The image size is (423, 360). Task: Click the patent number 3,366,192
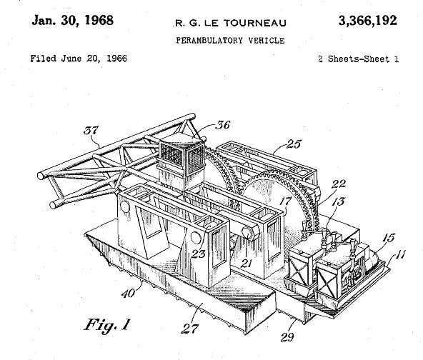(x=368, y=21)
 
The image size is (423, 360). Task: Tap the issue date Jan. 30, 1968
(x=73, y=21)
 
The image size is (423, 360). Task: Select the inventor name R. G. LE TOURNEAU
(x=231, y=23)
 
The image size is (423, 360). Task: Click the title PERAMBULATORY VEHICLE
(x=230, y=41)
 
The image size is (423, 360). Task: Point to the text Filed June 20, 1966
(x=79, y=59)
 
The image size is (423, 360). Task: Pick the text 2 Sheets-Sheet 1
(x=358, y=59)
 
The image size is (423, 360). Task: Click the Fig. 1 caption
(x=107, y=325)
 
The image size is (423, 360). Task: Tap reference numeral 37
(x=91, y=130)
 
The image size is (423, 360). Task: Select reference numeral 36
(x=222, y=125)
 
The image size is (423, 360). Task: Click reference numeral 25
(x=294, y=144)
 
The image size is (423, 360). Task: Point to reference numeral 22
(x=339, y=184)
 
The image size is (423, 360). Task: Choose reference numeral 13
(x=338, y=201)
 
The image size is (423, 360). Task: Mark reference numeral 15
(x=389, y=238)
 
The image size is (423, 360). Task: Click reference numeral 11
(x=401, y=254)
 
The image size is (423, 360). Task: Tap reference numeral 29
(x=287, y=337)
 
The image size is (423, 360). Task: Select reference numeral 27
(x=189, y=329)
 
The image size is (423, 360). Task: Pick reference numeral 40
(x=128, y=294)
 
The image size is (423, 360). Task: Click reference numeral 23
(x=199, y=254)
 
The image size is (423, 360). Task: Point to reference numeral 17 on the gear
(x=285, y=201)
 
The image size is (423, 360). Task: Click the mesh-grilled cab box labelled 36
(x=181, y=156)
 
